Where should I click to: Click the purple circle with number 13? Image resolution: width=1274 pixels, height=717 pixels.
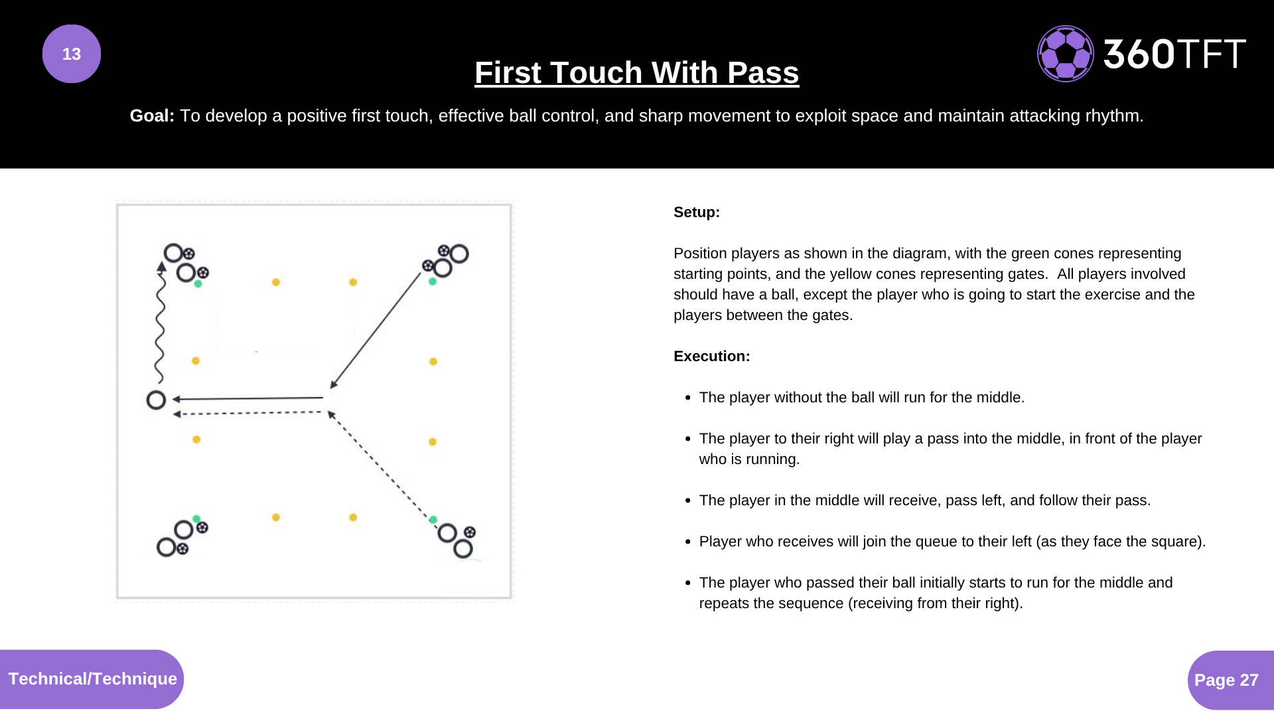point(72,54)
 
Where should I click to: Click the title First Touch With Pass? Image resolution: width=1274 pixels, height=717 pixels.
point(636,72)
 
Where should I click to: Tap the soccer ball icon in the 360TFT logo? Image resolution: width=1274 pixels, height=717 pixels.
point(1065,54)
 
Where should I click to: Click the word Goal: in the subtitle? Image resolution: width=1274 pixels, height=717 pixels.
point(152,116)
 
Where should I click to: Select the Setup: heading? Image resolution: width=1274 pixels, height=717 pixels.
point(696,212)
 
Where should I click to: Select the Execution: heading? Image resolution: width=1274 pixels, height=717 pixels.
point(711,357)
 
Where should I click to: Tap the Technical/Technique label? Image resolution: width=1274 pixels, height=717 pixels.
point(92,678)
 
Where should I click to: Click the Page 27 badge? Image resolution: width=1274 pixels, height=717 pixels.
point(1226,680)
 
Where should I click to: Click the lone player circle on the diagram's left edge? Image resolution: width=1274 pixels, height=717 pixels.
point(156,400)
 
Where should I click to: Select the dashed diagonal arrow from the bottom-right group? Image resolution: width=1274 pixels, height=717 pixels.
point(380,465)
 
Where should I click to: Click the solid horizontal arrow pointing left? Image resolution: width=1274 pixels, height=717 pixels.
point(249,398)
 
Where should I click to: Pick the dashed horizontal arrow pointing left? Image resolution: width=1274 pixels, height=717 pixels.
point(249,413)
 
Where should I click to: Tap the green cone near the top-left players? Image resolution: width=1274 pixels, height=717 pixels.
point(198,283)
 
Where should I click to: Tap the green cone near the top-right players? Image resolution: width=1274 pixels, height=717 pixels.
point(433,281)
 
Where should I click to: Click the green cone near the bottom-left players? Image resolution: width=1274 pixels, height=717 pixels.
point(196,518)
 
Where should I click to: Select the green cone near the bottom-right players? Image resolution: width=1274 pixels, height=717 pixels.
point(433,520)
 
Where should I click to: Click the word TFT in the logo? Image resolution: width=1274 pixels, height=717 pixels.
point(1212,54)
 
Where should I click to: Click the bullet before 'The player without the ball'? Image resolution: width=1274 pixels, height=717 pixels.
point(687,398)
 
